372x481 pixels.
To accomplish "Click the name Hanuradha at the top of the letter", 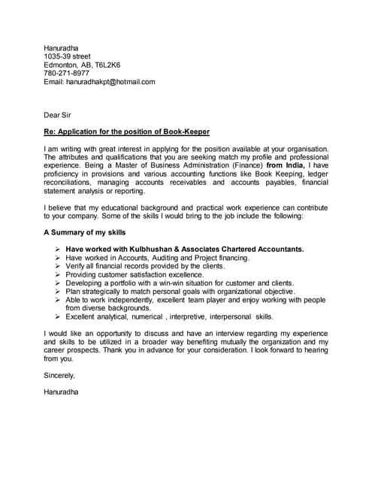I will (61, 48).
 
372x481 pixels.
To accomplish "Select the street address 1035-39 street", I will (67, 56).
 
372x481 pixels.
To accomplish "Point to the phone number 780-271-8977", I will (66, 73).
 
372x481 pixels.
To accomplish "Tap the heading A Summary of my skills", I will (84, 232).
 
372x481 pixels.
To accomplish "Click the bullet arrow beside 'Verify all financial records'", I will (58, 266).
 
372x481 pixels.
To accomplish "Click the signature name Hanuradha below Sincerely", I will (61, 391).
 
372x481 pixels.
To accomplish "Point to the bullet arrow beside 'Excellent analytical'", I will (58, 316).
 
